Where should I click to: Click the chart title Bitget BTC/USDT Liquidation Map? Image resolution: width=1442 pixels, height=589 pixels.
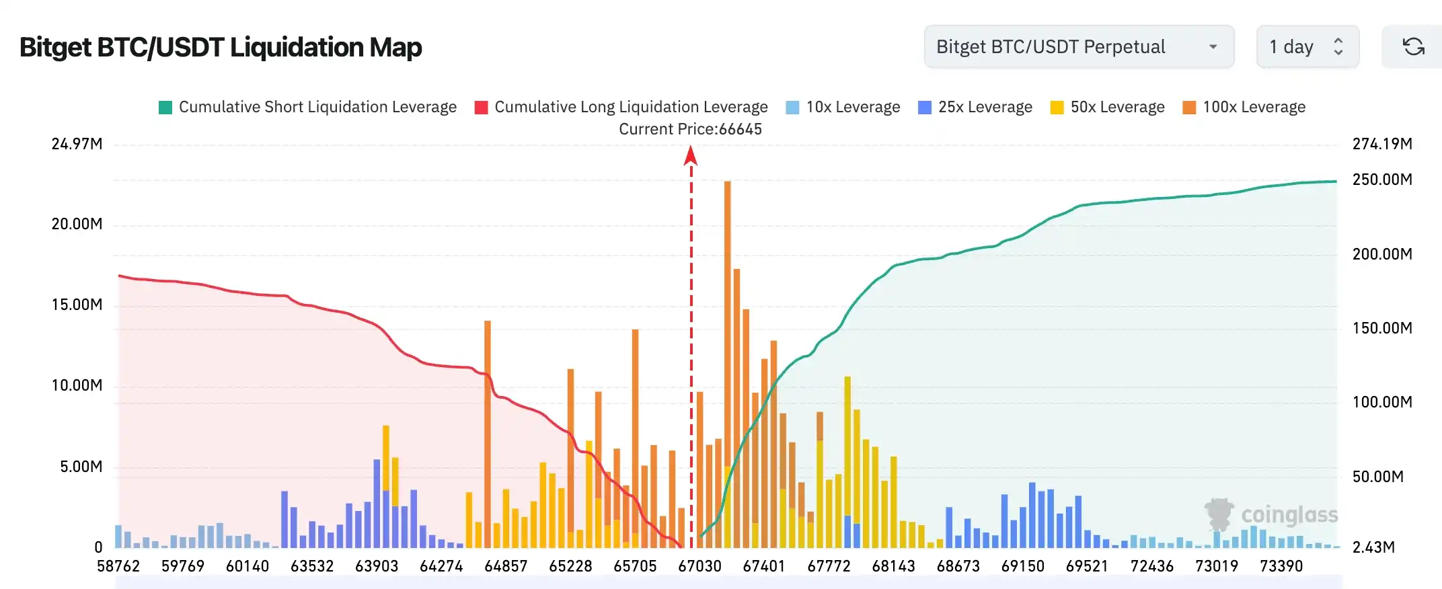221,48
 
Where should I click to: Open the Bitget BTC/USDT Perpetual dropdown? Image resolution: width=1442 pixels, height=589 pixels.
1078,47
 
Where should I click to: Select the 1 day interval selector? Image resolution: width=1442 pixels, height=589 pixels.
1307,47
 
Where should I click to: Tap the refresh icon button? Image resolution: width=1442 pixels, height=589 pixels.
1413,47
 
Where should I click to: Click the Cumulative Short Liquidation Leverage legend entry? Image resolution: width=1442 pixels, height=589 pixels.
307,108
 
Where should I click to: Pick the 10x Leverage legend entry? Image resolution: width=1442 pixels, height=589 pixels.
843,108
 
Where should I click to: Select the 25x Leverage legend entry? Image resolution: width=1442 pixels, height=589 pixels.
975,108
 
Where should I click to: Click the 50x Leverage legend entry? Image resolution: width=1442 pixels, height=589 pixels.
1107,108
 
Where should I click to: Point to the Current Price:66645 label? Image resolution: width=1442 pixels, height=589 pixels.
690,129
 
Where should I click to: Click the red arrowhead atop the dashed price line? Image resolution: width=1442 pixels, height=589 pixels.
691,156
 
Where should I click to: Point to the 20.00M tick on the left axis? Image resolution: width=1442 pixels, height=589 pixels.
77,225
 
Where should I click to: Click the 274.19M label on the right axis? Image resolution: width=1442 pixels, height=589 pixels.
1382,144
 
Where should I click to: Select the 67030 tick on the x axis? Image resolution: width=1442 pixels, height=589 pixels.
699,566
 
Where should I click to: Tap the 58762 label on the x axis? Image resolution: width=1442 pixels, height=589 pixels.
118,566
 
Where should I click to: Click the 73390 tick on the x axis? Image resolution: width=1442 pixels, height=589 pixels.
1281,566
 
